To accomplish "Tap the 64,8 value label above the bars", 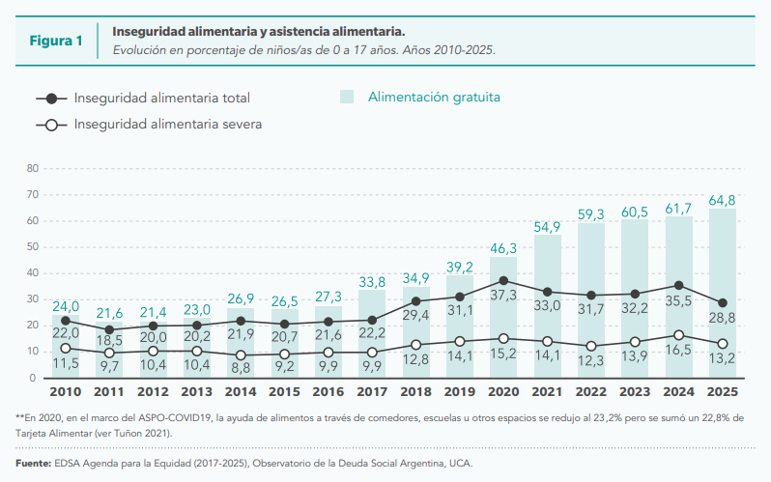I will tap(723, 200).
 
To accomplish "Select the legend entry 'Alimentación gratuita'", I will tap(434, 97).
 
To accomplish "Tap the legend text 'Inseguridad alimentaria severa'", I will tap(168, 124).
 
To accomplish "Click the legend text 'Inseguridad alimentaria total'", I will tap(161, 98).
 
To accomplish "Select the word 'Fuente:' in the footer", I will tap(33, 463).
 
